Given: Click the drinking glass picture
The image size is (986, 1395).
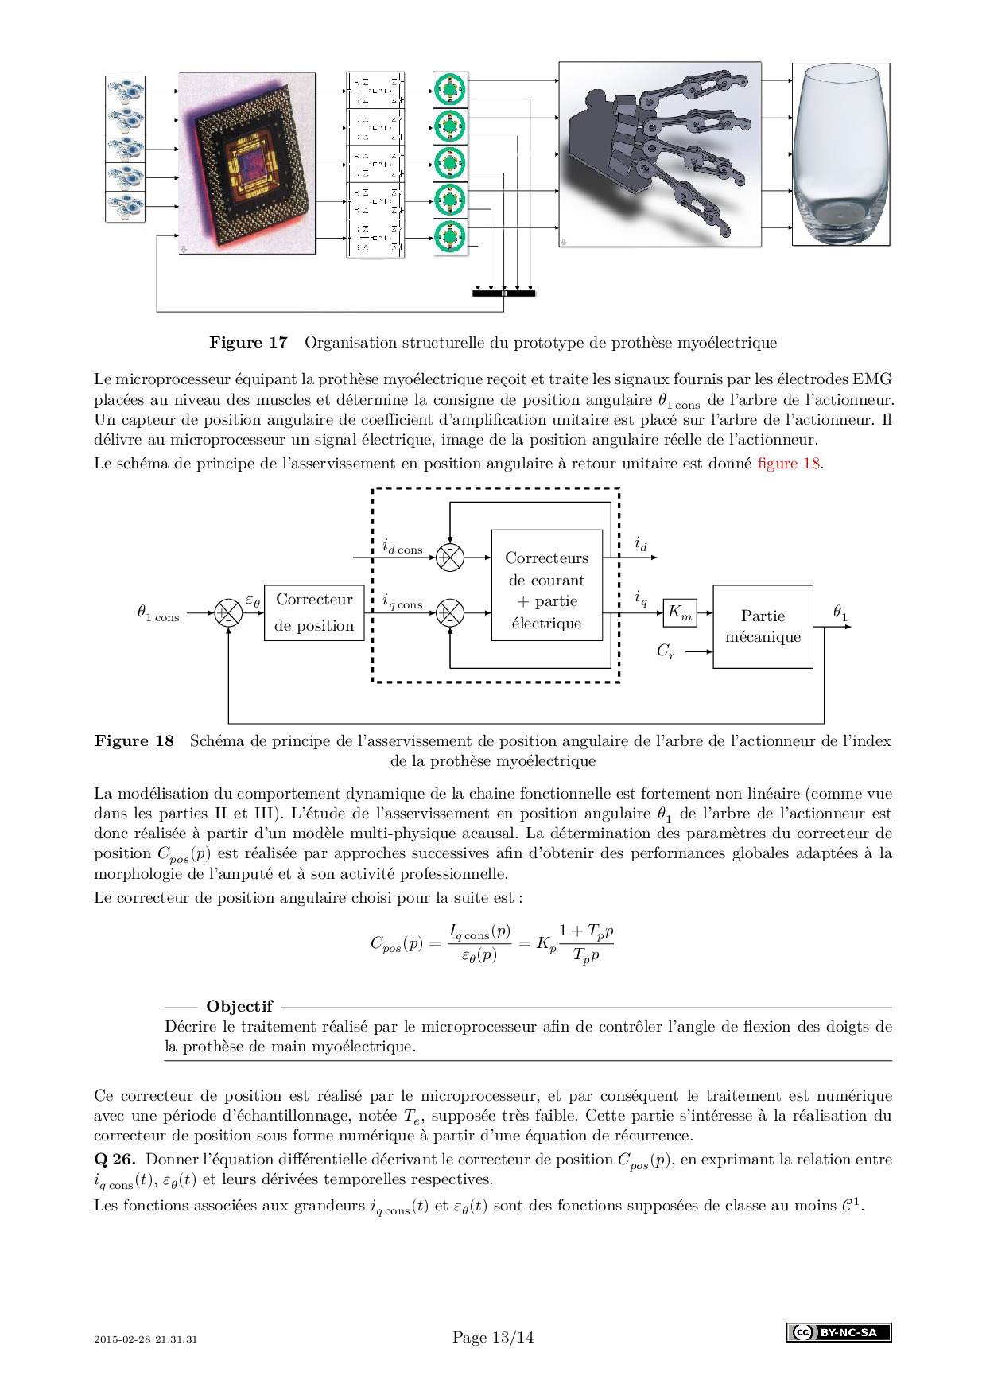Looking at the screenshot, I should tap(841, 155).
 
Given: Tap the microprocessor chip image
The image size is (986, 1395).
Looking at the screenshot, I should tap(247, 163).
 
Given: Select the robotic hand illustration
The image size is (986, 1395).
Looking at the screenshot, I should tap(660, 155).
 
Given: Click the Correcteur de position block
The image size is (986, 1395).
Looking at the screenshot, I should tap(314, 612).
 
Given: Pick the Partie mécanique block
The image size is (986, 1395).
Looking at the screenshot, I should tap(763, 627).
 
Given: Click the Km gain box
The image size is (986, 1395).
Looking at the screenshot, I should tap(680, 612).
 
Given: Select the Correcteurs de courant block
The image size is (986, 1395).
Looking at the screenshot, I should tap(547, 590).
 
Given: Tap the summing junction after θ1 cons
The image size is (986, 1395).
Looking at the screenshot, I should tap(228, 613).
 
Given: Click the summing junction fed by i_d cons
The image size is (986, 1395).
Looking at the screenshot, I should tap(450, 558).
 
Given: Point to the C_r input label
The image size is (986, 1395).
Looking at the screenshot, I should tap(666, 651).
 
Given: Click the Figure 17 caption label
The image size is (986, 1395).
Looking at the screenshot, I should tap(248, 343).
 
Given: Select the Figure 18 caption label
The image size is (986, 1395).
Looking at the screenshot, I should tap(134, 741).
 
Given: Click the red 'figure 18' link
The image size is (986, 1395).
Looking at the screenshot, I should tap(789, 464).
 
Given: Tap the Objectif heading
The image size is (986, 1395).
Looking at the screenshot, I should tap(239, 1006).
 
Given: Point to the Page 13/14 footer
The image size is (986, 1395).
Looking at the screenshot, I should tap(493, 1337).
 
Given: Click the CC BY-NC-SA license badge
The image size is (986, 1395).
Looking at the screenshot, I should tap(839, 1332).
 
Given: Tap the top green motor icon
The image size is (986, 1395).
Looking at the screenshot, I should tap(450, 89).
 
